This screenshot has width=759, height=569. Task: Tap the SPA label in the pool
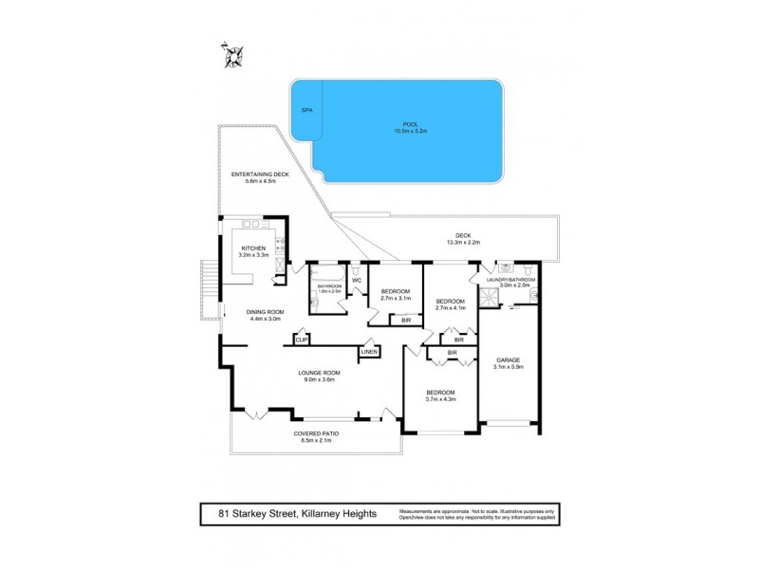306,110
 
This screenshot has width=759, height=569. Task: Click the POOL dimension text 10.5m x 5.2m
410,130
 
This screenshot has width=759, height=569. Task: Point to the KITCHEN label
253,248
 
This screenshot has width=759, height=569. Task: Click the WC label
357,280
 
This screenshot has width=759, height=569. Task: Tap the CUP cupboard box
302,339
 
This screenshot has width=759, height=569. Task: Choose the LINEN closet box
368,352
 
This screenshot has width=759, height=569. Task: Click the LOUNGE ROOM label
321,373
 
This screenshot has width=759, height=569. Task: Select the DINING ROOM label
266,312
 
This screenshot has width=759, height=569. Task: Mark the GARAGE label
509,359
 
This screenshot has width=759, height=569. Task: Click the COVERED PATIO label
320,433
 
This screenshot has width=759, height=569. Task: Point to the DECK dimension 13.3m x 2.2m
463,243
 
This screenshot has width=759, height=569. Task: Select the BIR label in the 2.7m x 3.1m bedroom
406,321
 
